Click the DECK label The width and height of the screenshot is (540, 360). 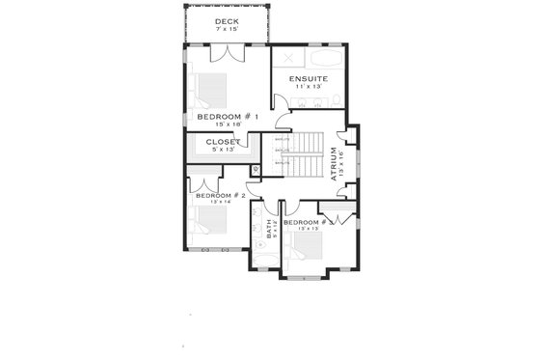[227, 21]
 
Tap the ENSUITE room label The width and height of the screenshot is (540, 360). [302, 77]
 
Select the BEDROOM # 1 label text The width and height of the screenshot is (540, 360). [227, 116]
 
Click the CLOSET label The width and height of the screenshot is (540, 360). [223, 141]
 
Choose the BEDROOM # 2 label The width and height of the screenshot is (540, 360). [221, 195]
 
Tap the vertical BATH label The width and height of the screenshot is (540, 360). [268, 230]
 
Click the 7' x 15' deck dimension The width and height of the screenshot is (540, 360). [227, 30]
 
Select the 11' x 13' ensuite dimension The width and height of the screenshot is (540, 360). [302, 87]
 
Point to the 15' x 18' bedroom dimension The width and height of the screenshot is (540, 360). [227, 125]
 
